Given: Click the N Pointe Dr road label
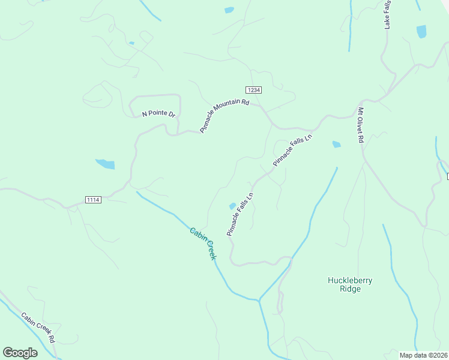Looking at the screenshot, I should (x=158, y=113).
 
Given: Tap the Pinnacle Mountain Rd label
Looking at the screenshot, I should (x=224, y=116).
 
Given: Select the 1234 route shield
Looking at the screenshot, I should (x=254, y=89).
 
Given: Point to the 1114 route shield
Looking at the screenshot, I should (x=93, y=199).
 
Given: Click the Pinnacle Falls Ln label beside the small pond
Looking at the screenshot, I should (x=241, y=214).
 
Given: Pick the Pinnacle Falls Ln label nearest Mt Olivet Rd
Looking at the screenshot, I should (x=293, y=151).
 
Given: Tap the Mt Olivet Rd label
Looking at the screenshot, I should (x=361, y=125).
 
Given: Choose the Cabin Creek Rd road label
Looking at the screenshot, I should (x=38, y=328).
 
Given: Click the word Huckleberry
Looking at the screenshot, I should (x=350, y=280).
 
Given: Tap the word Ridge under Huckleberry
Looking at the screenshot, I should (x=350, y=289).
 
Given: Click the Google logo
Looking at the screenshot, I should (x=20, y=352).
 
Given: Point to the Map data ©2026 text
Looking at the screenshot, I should (x=423, y=355).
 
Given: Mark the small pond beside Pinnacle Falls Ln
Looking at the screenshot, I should (x=232, y=206).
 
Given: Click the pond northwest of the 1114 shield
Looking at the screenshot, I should (x=105, y=164).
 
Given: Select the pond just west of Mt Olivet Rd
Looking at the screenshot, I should (x=336, y=144).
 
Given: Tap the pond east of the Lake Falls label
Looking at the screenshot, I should (x=421, y=31).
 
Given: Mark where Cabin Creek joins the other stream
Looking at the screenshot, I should (x=259, y=299).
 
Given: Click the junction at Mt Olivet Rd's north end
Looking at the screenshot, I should (x=361, y=101).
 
